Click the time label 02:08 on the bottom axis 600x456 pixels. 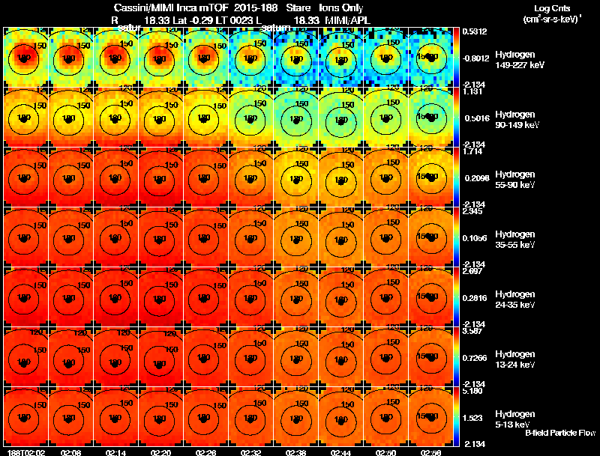(x=71, y=452)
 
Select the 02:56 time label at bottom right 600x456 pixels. (x=431, y=452)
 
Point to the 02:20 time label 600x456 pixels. (x=161, y=452)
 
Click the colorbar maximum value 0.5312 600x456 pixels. (x=475, y=31)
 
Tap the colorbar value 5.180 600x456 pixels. (x=475, y=391)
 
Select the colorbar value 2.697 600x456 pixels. (x=475, y=271)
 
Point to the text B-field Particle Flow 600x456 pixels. (x=559, y=433)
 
